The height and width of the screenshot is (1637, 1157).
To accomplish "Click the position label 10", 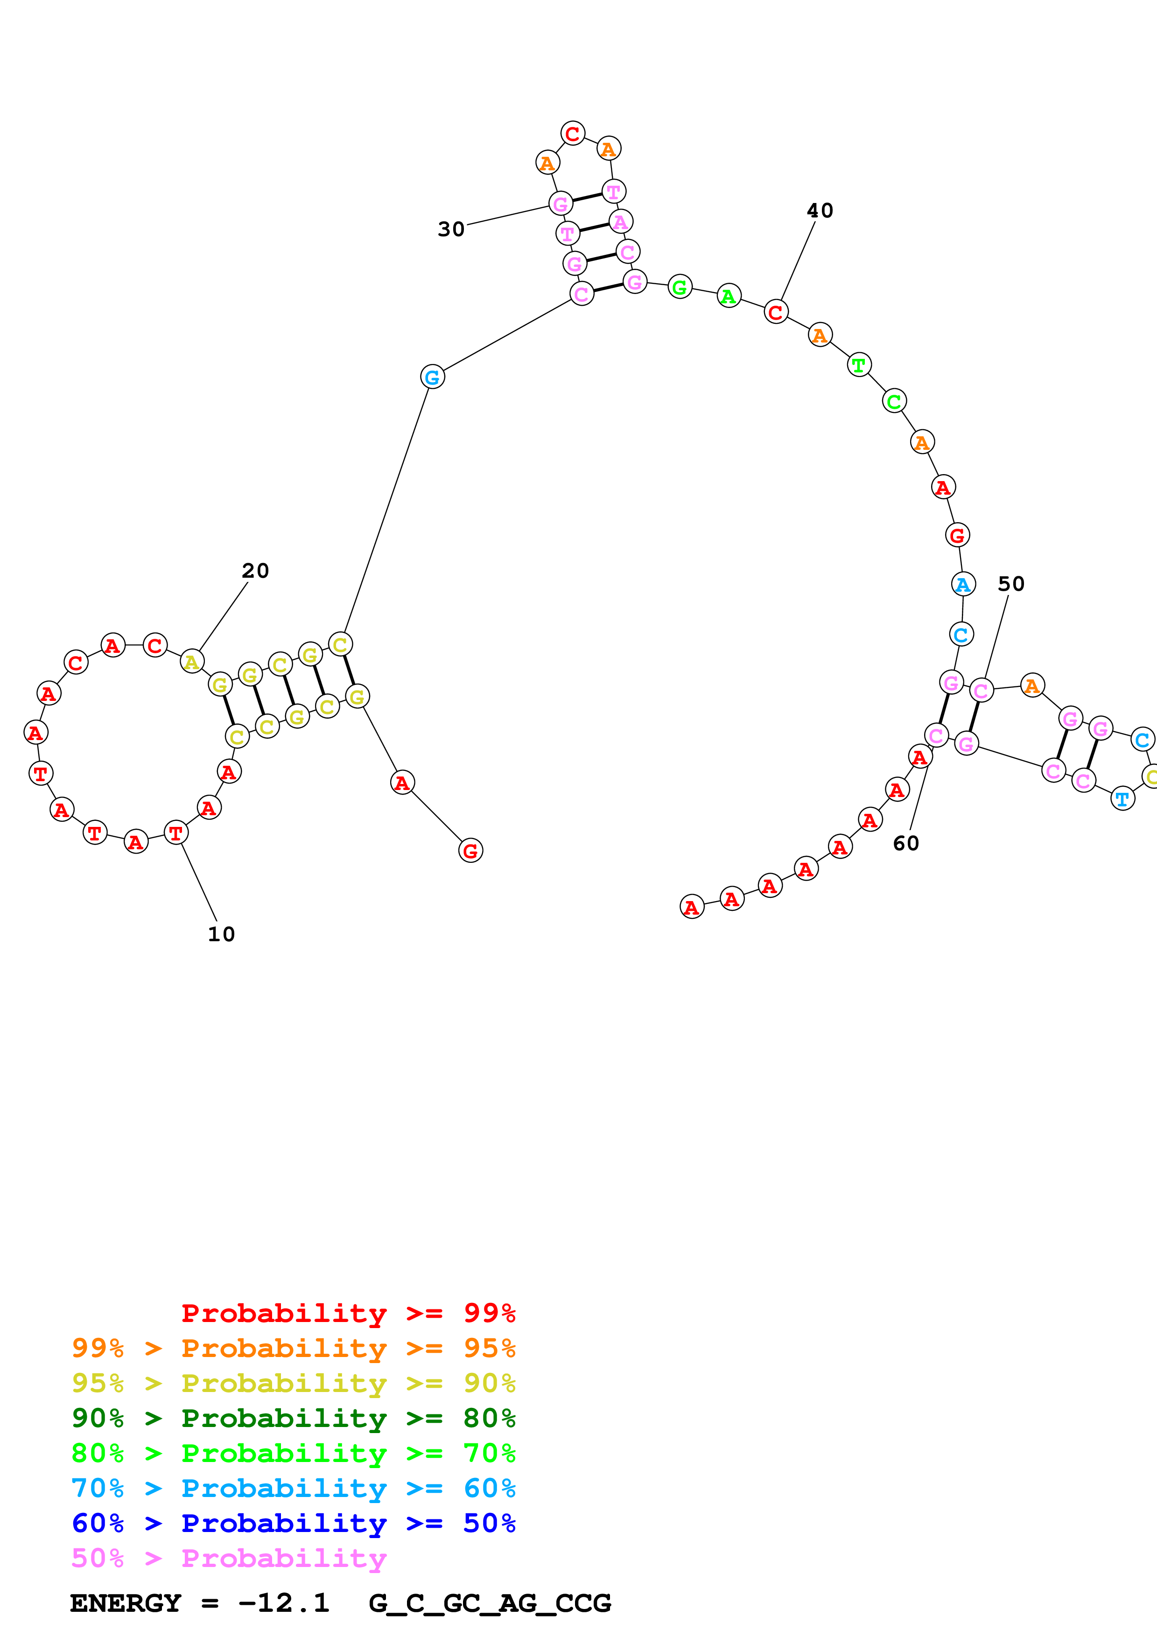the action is [221, 935].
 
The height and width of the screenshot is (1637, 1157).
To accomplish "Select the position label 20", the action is [255, 571].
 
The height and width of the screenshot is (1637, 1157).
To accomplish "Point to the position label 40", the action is [820, 211].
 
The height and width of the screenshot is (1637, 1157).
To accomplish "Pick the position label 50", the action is [1011, 585].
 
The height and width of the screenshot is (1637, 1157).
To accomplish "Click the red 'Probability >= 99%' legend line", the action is [348, 1313].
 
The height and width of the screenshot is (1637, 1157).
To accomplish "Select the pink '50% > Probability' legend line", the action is [228, 1559].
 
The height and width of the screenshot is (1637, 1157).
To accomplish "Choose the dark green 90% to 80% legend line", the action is [293, 1418].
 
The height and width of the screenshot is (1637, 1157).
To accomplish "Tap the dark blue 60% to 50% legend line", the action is [293, 1523].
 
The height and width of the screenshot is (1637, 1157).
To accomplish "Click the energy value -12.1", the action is [284, 1603].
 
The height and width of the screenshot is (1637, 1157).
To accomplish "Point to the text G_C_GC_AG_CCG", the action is [490, 1603].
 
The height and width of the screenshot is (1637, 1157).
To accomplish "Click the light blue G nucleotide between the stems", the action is [433, 377].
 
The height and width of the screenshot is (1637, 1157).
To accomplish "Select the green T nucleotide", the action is [859, 365].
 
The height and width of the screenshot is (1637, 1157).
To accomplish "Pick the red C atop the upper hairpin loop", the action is [573, 133].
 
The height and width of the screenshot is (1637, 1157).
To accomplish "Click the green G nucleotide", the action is [680, 287].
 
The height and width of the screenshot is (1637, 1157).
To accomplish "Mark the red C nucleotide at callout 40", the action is [776, 312].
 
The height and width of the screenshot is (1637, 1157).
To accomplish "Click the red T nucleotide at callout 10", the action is [176, 833].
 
